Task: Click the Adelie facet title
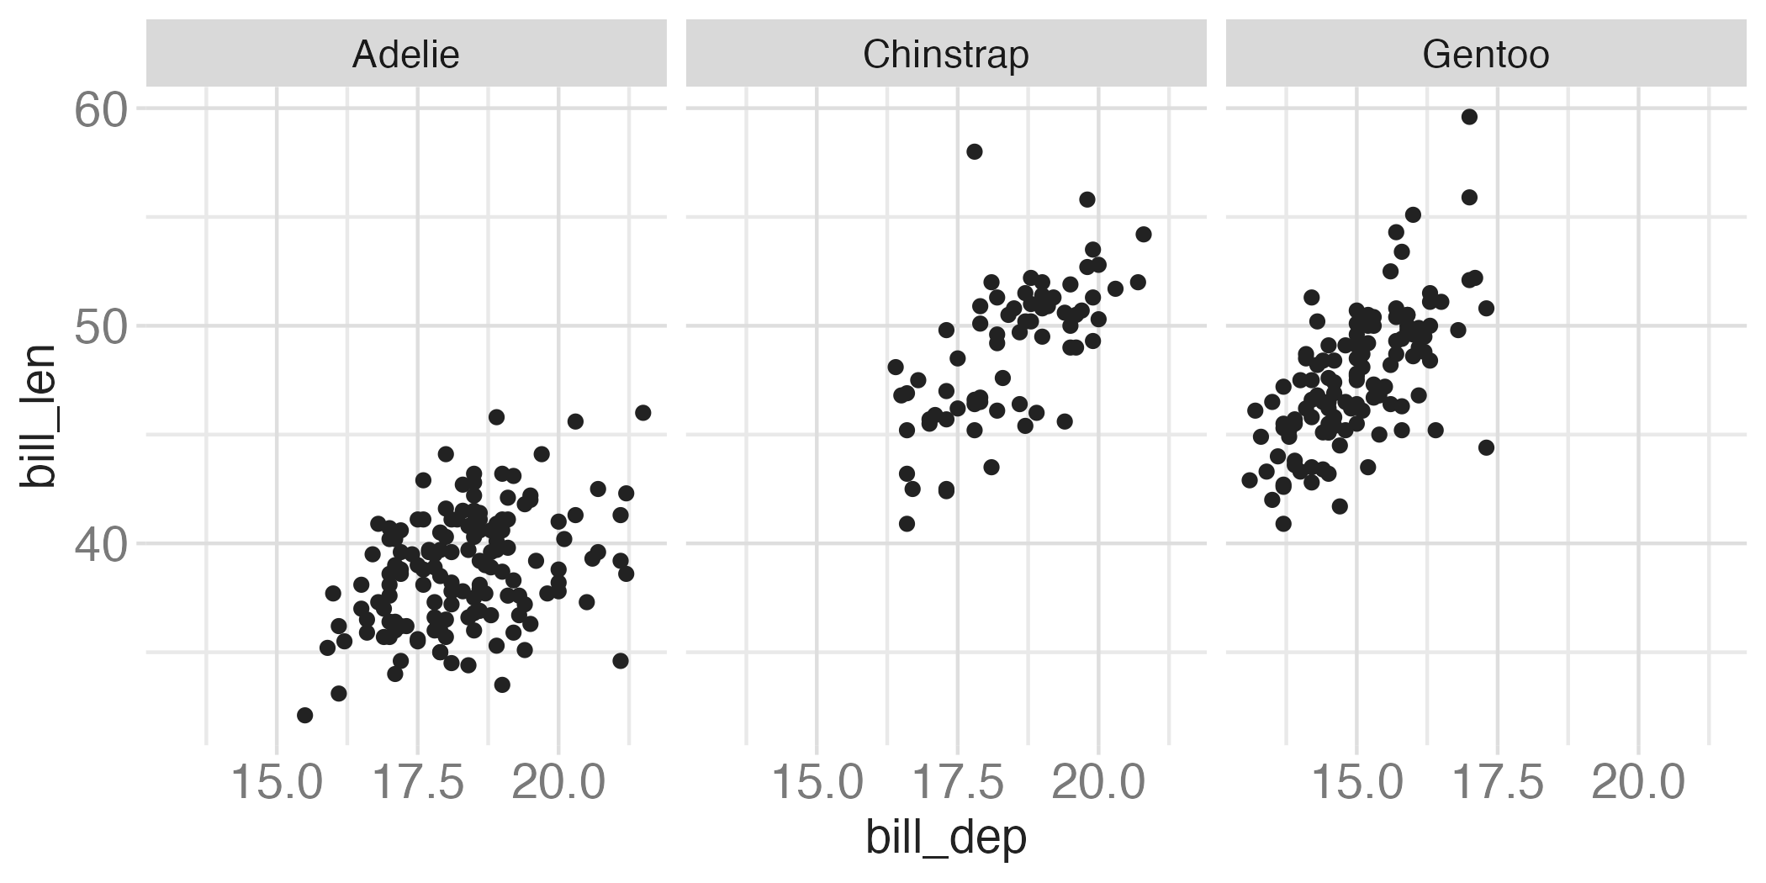[405, 55]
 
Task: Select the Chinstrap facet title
[945, 55]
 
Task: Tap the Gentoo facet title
[1485, 55]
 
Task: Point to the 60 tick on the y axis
[100, 110]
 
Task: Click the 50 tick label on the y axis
[100, 327]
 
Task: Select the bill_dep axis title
[945, 838]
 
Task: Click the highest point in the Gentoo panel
[1469, 117]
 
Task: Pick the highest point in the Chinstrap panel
[975, 151]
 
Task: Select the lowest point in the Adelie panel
[305, 715]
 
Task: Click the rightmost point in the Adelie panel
[643, 412]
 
